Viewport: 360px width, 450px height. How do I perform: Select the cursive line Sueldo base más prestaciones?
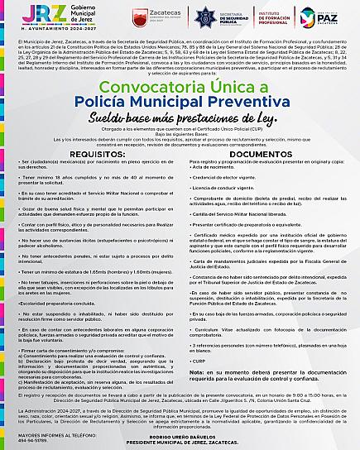coord(180,119)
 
